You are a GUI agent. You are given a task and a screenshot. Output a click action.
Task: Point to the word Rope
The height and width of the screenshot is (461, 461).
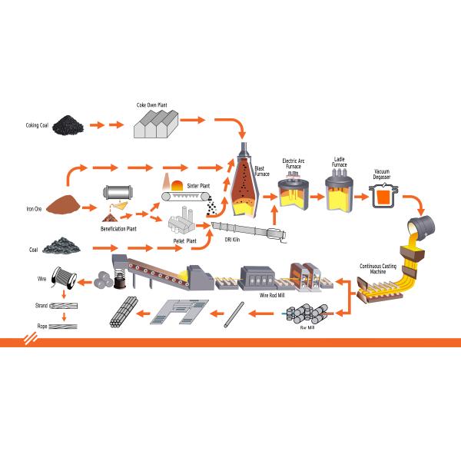(x=42, y=326)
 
